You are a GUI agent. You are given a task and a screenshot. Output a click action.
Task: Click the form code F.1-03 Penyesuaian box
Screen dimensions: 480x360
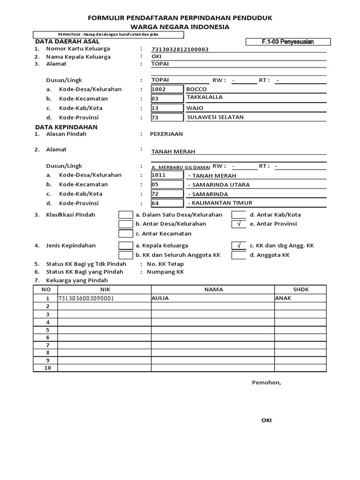pos(288,42)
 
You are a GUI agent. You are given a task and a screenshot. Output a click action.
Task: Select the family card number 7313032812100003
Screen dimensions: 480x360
pos(180,49)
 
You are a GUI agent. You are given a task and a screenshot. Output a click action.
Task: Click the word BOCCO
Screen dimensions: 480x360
pos(196,89)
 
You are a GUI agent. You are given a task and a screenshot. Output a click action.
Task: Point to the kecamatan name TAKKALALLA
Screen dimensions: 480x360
pos(204,97)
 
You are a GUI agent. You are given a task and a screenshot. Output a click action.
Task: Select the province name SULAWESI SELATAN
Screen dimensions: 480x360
pos(215,117)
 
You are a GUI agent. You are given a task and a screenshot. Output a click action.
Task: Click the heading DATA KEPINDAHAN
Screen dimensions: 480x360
pos(66,127)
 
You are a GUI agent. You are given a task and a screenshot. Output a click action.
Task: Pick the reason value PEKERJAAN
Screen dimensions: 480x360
pos(166,134)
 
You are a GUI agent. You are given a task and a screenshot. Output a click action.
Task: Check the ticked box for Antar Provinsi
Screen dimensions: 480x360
pos(239,224)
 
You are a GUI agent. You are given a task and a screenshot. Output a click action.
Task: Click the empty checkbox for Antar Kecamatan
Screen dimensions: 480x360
pos(126,233)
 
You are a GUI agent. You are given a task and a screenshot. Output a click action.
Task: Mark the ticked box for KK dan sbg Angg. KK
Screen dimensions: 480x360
pos(239,246)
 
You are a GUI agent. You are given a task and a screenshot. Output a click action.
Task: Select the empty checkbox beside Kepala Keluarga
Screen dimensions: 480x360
pos(126,246)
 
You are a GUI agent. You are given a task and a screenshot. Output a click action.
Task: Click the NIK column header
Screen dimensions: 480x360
pos(104,290)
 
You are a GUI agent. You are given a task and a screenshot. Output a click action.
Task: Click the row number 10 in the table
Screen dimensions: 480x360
pos(47,368)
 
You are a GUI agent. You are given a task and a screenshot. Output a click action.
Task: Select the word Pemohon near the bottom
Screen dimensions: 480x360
pos(266,382)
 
